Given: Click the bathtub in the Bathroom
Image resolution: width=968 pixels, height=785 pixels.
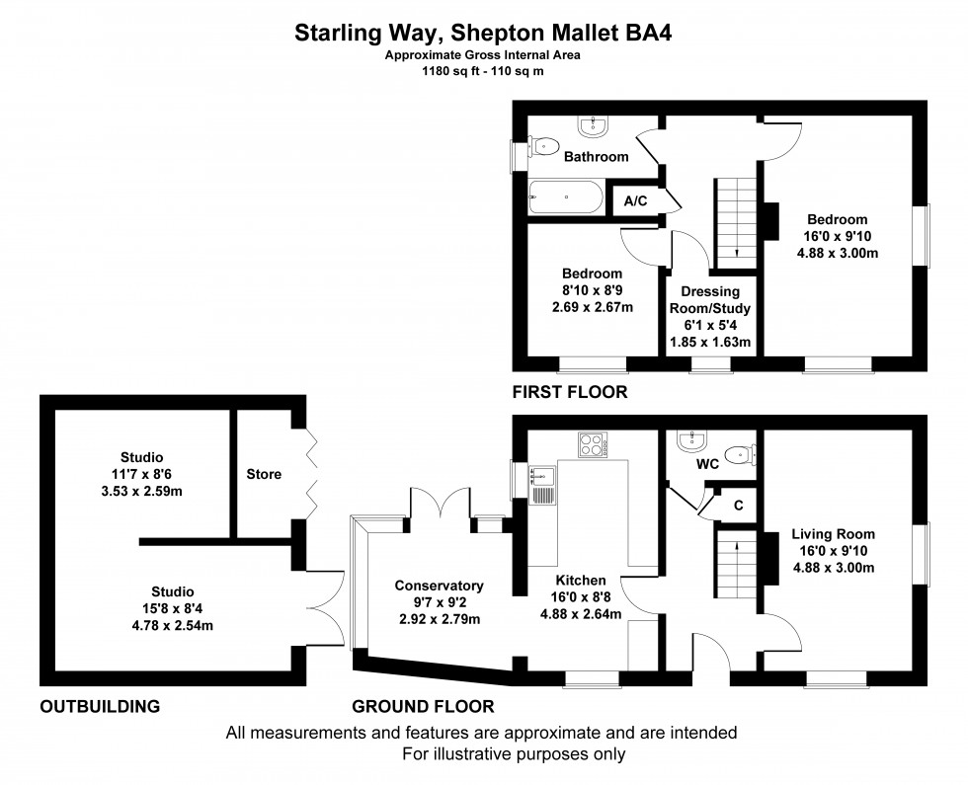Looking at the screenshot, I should (x=566, y=197).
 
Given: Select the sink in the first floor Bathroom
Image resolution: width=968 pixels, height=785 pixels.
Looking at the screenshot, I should (x=596, y=125).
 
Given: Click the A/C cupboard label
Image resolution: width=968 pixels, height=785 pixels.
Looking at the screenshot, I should (x=635, y=200).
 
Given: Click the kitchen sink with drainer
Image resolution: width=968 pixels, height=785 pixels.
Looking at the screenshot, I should (x=543, y=484).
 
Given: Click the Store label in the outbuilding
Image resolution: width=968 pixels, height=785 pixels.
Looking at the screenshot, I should (x=264, y=474).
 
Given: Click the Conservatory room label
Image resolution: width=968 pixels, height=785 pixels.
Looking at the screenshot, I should (x=439, y=585).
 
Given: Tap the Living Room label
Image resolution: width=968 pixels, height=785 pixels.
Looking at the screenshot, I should (x=833, y=534).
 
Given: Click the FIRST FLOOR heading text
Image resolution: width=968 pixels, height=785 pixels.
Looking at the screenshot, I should (x=569, y=392).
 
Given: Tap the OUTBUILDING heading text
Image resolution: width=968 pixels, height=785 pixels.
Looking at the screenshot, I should (x=99, y=706).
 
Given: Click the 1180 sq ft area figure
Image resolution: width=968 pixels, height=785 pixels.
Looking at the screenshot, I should (x=444, y=71).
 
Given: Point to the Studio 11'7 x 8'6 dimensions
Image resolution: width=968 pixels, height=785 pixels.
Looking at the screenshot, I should (x=142, y=474).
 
